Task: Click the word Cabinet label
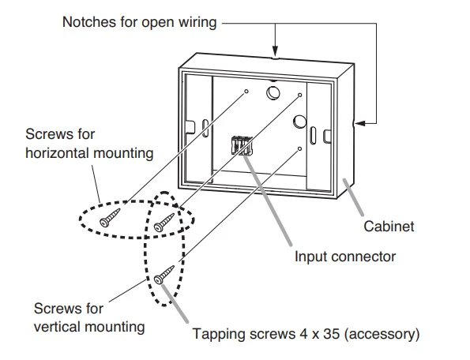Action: [x=389, y=226]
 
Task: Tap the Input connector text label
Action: [x=345, y=257]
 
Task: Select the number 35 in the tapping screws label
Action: [x=331, y=334]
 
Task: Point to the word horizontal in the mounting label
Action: [x=57, y=153]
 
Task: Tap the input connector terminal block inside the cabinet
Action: [x=242, y=145]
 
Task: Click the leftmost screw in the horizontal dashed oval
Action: [x=110, y=217]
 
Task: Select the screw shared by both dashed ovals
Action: [x=164, y=223]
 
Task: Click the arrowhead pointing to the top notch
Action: [x=275, y=51]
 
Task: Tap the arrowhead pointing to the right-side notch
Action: [x=360, y=123]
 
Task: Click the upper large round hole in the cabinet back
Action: [x=273, y=92]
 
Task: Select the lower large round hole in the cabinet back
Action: [x=299, y=122]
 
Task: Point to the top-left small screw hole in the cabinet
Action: [x=246, y=91]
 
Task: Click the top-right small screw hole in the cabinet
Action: [x=299, y=96]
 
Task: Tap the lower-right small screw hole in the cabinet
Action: [x=299, y=148]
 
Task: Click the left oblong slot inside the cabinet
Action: [x=205, y=128]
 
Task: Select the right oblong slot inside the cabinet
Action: [x=313, y=135]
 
